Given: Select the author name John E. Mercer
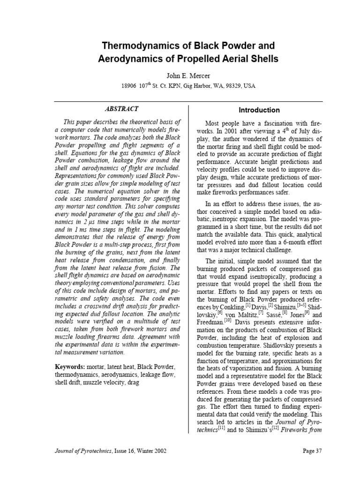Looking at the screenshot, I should [180, 75].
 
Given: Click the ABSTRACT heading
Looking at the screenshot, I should [121, 109].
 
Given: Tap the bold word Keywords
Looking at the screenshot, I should [69, 366].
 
